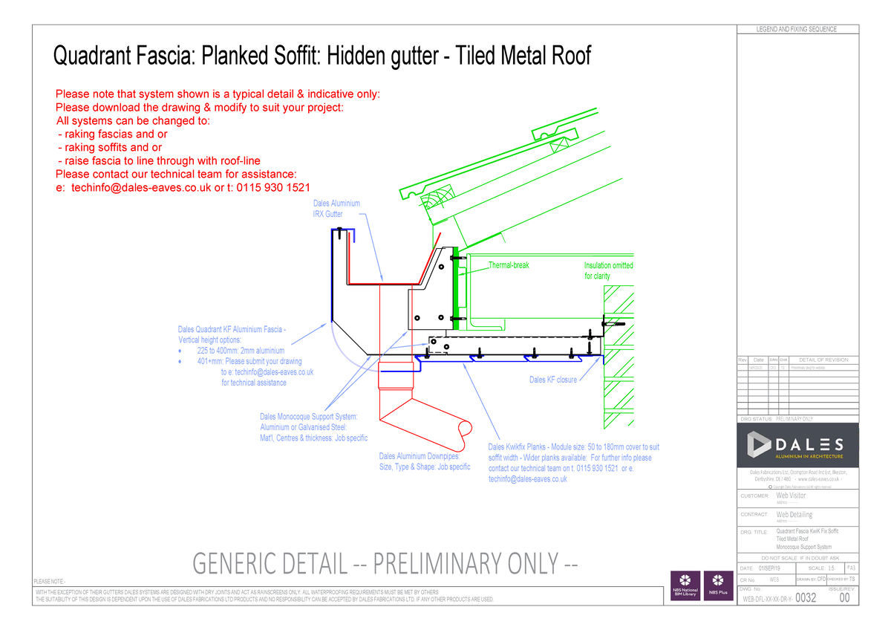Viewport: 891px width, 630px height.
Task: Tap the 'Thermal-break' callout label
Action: [x=508, y=265]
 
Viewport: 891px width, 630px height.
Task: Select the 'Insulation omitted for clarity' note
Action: [x=608, y=270]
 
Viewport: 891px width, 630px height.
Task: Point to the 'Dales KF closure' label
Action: [x=552, y=380]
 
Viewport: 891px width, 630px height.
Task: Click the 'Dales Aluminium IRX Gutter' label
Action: [x=336, y=209]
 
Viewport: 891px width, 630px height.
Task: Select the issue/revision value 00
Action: [x=844, y=597]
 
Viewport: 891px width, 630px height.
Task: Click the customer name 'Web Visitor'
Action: [x=791, y=496]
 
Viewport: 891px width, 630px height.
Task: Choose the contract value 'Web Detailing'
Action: [x=794, y=514]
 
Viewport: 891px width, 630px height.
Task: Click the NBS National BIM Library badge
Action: [x=685, y=585]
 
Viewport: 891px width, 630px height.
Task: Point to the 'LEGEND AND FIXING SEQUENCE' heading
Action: [x=796, y=30]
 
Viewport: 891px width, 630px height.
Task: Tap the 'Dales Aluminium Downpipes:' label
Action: [x=419, y=456]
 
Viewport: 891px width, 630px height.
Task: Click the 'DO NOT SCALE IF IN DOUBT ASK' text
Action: [x=796, y=558]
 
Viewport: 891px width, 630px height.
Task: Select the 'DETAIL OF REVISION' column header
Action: [x=818, y=360]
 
